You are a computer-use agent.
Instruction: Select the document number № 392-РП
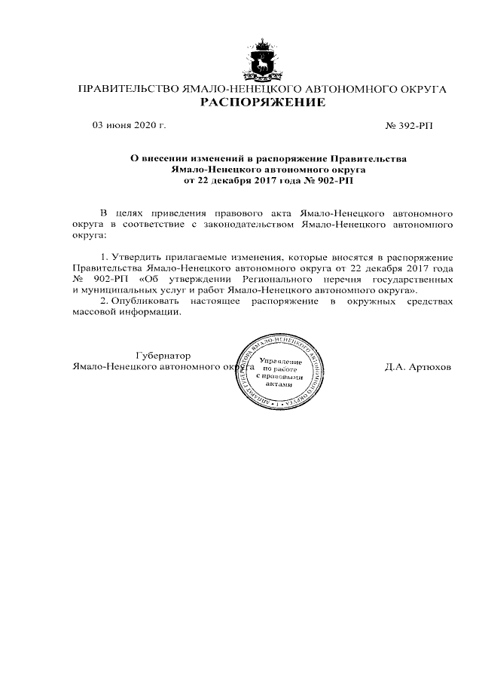pos(409,125)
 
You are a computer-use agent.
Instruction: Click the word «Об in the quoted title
pos(150,279)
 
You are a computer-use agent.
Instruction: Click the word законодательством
pos(243,224)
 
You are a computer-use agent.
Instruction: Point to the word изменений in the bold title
pos(206,159)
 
